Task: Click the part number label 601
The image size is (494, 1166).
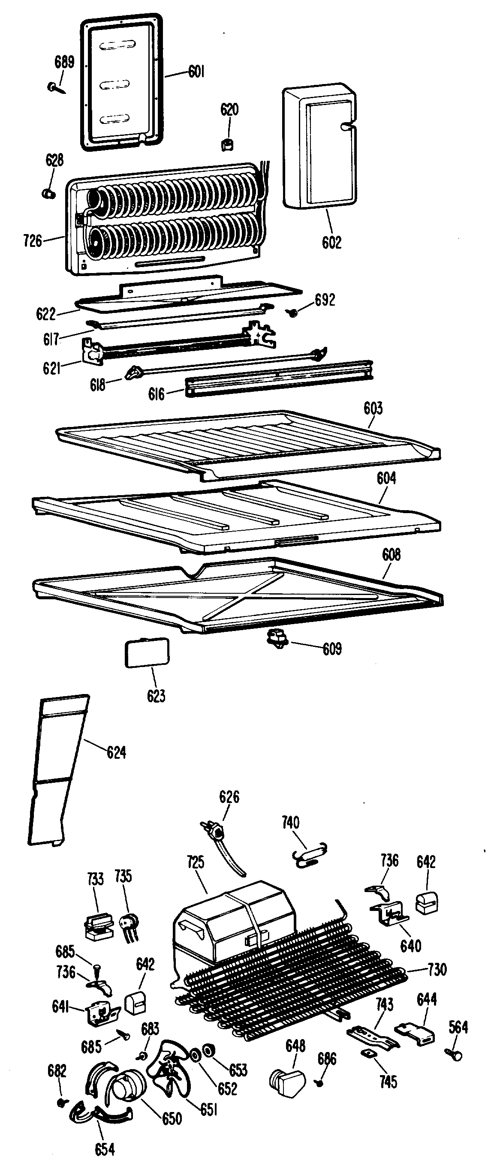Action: (196, 72)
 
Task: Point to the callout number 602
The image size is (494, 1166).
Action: (331, 242)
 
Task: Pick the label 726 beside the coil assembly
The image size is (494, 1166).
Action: (33, 241)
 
